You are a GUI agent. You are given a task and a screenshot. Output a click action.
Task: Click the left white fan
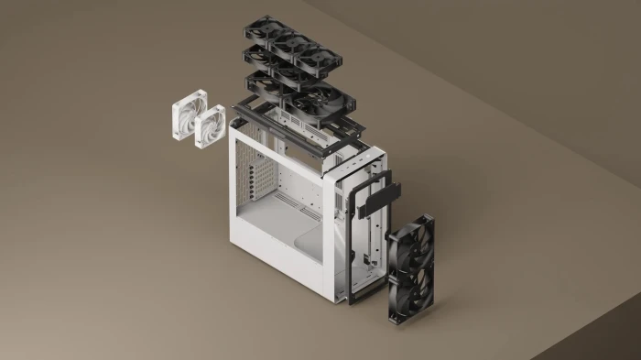[x=187, y=120]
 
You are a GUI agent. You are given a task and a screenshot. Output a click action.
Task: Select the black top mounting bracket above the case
[x=293, y=124]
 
